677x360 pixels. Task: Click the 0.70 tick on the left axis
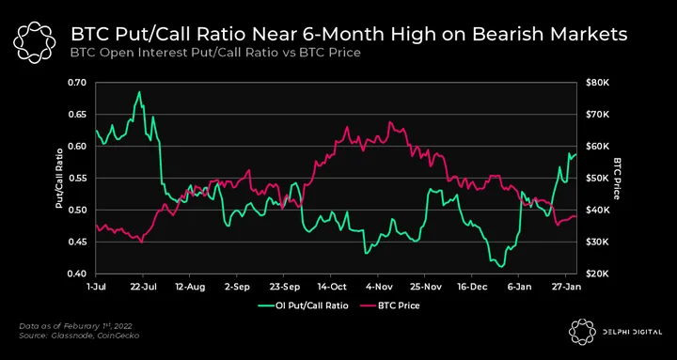(x=78, y=83)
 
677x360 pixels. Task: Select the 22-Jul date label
(x=143, y=286)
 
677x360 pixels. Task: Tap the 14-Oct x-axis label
(x=330, y=286)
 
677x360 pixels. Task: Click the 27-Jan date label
(x=566, y=286)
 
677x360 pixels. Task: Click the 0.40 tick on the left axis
(x=78, y=274)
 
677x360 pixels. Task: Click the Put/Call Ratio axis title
(x=59, y=178)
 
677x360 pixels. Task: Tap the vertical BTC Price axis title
(x=617, y=178)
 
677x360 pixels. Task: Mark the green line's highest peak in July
(x=139, y=91)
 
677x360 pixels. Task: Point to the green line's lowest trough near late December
(x=501, y=267)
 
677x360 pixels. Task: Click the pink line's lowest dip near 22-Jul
(x=142, y=243)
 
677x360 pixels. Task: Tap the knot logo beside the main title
(x=34, y=42)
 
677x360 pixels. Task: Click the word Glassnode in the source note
(x=66, y=336)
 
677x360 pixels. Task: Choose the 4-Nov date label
(x=377, y=286)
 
